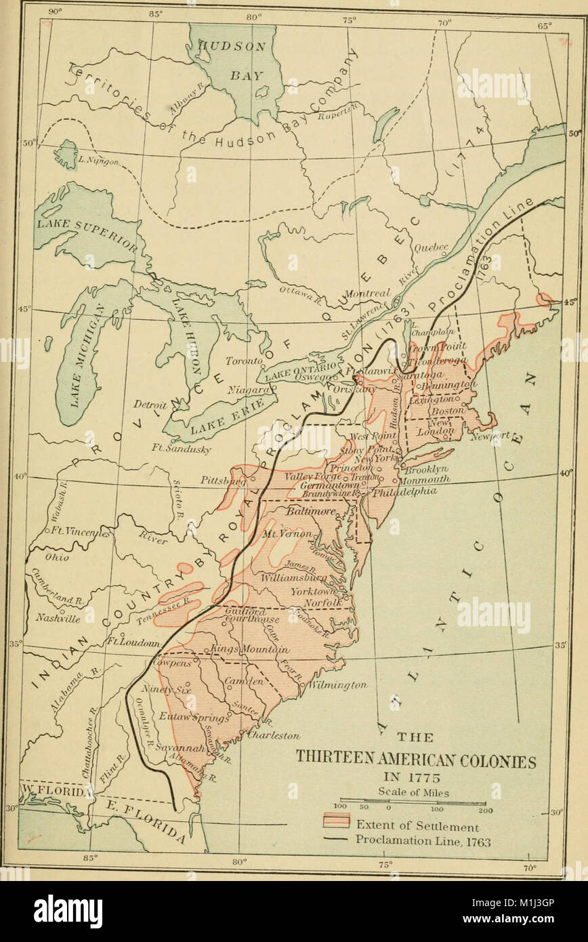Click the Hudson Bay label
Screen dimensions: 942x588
(x=232, y=60)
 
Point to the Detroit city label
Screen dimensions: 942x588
(x=150, y=405)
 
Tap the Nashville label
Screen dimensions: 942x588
(x=58, y=618)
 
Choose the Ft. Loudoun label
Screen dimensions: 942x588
(x=133, y=641)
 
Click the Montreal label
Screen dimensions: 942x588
(x=368, y=293)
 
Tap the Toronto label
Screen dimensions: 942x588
(x=244, y=361)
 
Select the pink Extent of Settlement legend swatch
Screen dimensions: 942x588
(x=335, y=823)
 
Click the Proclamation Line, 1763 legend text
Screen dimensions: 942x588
(x=423, y=842)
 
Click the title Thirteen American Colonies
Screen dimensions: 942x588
(x=415, y=762)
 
